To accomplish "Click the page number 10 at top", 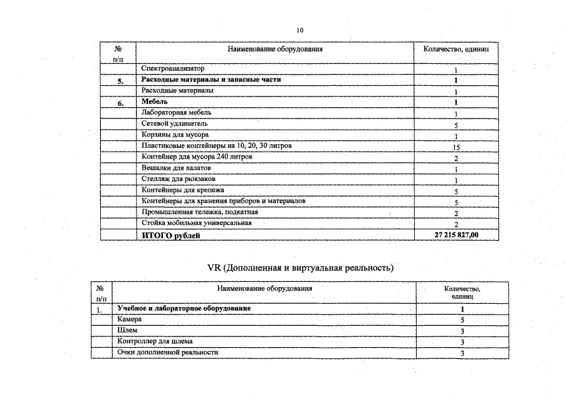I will [299, 30].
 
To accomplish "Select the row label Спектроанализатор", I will [172, 68].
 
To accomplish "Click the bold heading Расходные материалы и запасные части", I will [211, 80].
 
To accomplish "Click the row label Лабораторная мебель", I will [176, 113].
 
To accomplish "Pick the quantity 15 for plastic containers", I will [456, 147].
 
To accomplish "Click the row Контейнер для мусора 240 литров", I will [197, 157].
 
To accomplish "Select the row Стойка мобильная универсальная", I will [197, 223].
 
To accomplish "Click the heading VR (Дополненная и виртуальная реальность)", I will [300, 268].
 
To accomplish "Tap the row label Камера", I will [129, 320].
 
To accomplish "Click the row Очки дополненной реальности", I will [167, 353].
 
